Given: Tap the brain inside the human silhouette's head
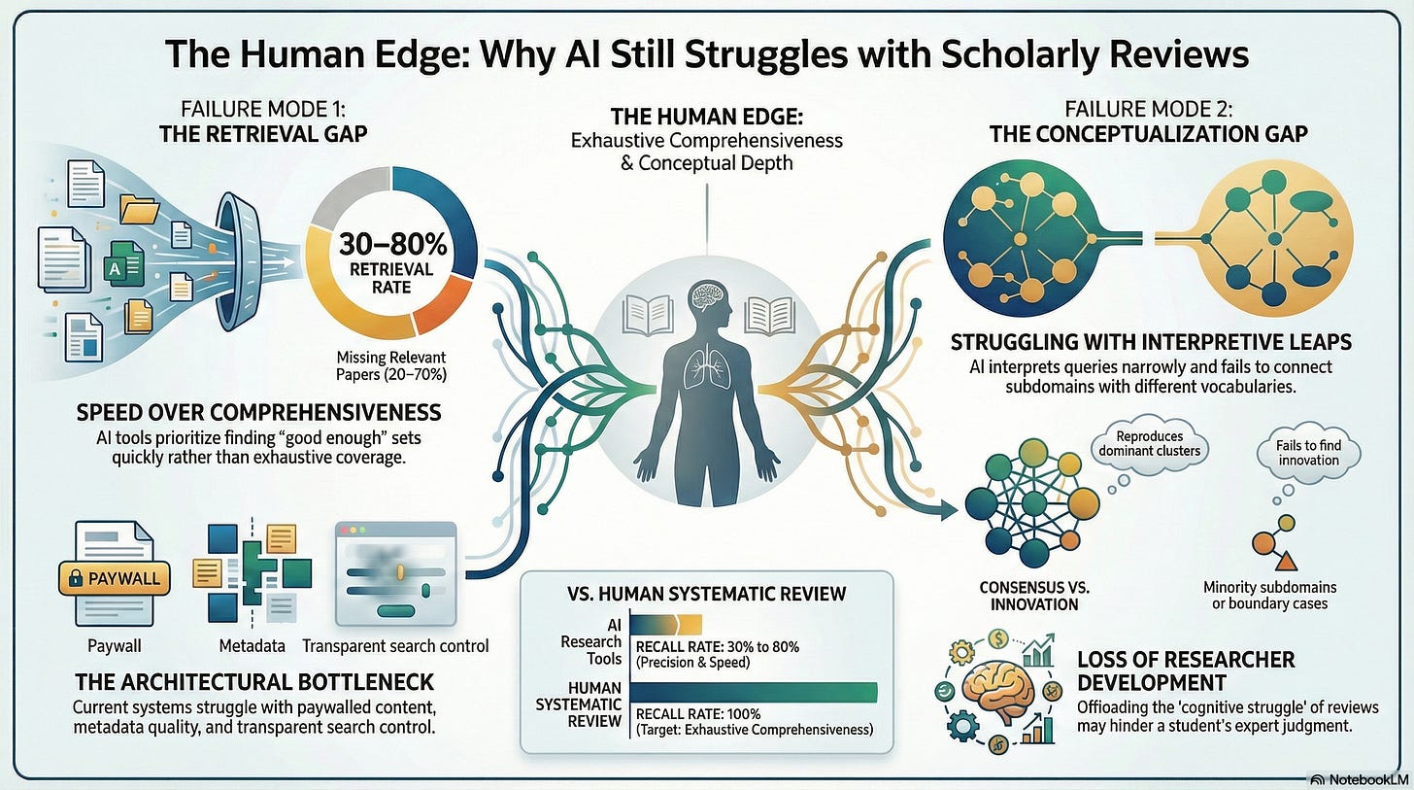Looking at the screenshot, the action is click(x=706, y=298).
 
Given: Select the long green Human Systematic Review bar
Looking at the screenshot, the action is click(x=754, y=692).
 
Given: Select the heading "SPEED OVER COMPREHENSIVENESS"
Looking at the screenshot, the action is click(x=258, y=412).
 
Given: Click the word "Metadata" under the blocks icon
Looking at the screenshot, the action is click(x=252, y=645).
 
